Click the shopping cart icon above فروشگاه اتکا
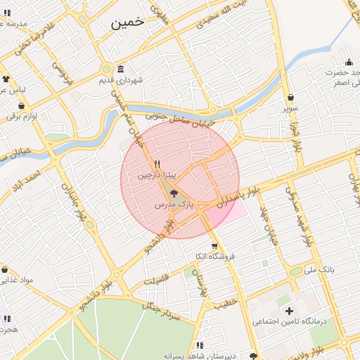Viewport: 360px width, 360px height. click(x=214, y=246)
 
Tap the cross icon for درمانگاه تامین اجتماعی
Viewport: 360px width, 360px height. click(x=288, y=310)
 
